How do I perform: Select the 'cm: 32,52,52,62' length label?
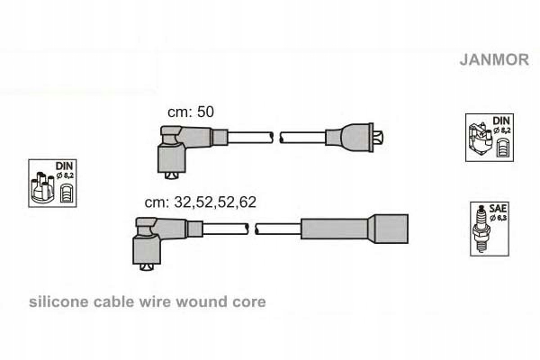pyautogui.click(x=200, y=202)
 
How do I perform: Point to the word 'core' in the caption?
pyautogui.click(x=247, y=302)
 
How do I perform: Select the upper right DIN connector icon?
pyautogui.click(x=490, y=139)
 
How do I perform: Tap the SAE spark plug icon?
pyautogui.click(x=489, y=226)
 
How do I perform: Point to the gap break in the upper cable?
pyautogui.click(x=276, y=138)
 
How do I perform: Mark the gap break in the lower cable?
pyautogui.click(x=253, y=229)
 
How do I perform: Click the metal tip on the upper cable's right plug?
pyautogui.click(x=382, y=138)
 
